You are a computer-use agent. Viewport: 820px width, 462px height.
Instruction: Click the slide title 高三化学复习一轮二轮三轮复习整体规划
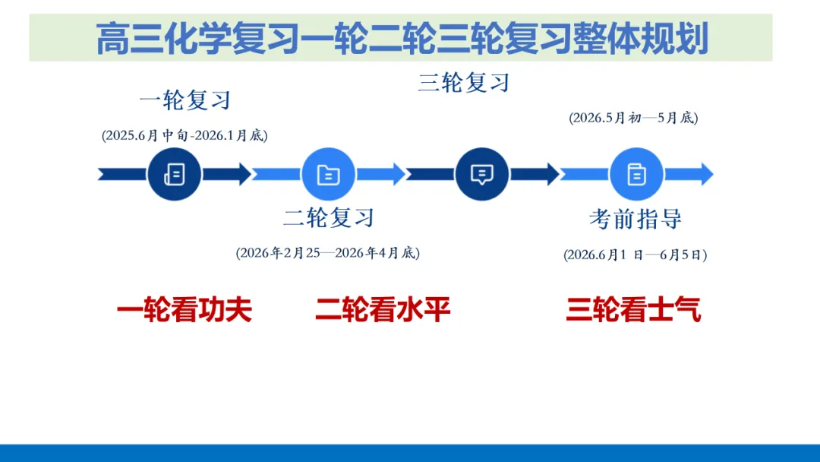pyautogui.click(x=402, y=38)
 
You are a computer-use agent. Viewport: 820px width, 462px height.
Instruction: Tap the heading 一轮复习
pyautogui.click(x=184, y=100)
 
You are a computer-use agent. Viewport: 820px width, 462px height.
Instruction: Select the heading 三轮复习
pyautogui.click(x=463, y=82)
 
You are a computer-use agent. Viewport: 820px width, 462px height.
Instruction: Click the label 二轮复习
pyautogui.click(x=329, y=218)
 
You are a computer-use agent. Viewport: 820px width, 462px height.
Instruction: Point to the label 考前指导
pyautogui.click(x=635, y=220)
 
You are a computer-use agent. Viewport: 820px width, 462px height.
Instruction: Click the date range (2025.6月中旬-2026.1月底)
pyautogui.click(x=184, y=135)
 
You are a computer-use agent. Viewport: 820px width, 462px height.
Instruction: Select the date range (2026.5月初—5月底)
pyautogui.click(x=633, y=118)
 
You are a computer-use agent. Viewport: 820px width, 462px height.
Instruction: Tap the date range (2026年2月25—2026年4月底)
pyautogui.click(x=328, y=253)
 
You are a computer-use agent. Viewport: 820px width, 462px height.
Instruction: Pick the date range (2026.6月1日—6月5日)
pyautogui.click(x=635, y=255)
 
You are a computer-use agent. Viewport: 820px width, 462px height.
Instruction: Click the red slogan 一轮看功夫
pyautogui.click(x=184, y=310)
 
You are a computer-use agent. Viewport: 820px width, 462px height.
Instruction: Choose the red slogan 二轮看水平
pyautogui.click(x=383, y=310)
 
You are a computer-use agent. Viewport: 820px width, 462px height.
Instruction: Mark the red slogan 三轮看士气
pyautogui.click(x=633, y=310)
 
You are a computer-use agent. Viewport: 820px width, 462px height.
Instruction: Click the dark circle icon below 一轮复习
pyautogui.click(x=174, y=174)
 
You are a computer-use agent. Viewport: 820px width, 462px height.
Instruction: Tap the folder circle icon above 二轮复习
pyautogui.click(x=328, y=174)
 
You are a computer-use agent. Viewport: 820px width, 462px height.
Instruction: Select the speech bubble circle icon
pyautogui.click(x=482, y=174)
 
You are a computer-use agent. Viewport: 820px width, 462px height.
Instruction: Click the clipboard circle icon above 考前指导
pyautogui.click(x=636, y=174)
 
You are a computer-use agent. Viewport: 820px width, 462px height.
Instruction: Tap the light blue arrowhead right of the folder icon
pyautogui.click(x=396, y=174)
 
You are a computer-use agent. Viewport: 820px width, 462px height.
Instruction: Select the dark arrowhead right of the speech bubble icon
pyautogui.click(x=550, y=174)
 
